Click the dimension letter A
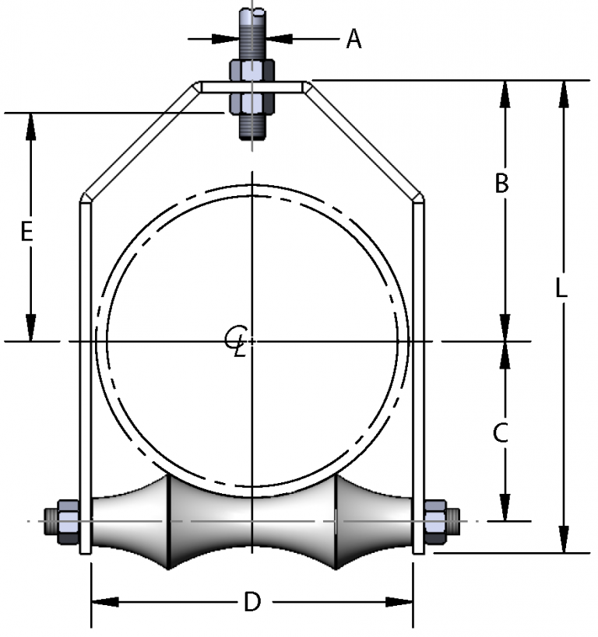point(354,38)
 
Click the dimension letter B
point(502,184)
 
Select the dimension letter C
point(502,432)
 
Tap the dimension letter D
point(252,601)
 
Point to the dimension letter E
point(26,232)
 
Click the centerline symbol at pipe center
point(236,340)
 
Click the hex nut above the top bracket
point(252,71)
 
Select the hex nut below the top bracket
point(252,103)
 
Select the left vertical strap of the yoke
point(85,373)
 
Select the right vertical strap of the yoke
point(418,373)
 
